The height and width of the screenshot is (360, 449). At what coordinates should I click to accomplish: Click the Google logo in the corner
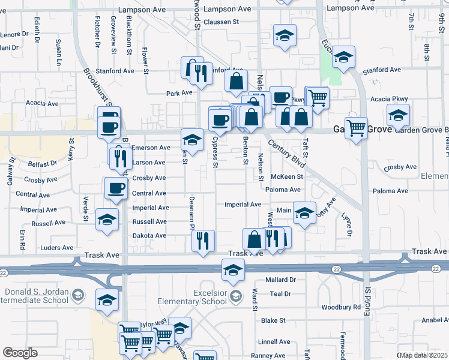click(x=20, y=352)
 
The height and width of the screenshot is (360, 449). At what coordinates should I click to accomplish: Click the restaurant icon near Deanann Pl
click(x=203, y=241)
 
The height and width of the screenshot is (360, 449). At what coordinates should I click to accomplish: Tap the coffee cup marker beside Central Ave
click(x=116, y=188)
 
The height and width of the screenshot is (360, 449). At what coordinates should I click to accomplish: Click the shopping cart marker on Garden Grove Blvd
click(x=357, y=127)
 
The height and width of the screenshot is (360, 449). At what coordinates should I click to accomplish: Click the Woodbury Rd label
click(x=341, y=307)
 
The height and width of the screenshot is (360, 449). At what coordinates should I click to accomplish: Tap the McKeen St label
click(x=287, y=176)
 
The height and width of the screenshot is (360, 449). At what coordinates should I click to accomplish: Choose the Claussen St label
click(x=221, y=22)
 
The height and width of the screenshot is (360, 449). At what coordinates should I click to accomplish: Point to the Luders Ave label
click(x=56, y=247)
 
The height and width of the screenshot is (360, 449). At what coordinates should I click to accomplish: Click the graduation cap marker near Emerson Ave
click(x=191, y=140)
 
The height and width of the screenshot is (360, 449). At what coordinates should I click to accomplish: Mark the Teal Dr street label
click(x=280, y=293)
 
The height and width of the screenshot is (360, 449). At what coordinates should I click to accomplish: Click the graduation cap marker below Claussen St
click(x=285, y=35)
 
